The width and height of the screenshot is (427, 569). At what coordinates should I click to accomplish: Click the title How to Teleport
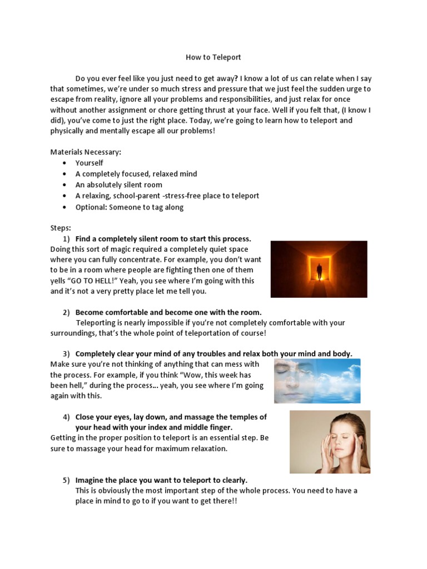(x=213, y=57)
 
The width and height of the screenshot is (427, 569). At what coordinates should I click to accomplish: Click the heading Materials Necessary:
(x=86, y=152)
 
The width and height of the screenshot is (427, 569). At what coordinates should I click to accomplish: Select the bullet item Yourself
(x=90, y=163)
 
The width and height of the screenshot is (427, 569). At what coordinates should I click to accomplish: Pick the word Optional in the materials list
(x=91, y=207)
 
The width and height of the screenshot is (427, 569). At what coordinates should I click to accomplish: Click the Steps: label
(x=61, y=228)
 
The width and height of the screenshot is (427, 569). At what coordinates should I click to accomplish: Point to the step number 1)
(x=66, y=239)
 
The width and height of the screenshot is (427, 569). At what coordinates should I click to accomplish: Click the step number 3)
(x=66, y=353)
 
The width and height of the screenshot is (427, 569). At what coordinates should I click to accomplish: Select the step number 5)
(x=66, y=480)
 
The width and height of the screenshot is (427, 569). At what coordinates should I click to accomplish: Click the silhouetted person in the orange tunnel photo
(x=319, y=272)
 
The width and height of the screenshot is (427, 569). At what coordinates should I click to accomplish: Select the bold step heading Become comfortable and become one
(x=168, y=312)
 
